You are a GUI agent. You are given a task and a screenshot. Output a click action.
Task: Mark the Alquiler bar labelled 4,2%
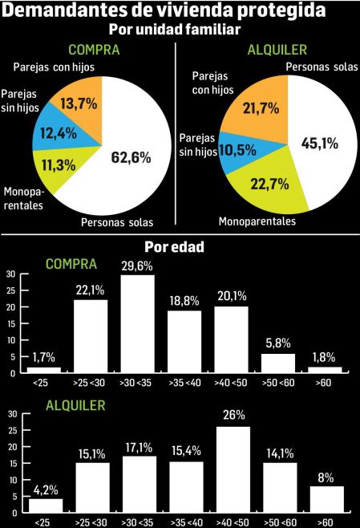click(x=44, y=505)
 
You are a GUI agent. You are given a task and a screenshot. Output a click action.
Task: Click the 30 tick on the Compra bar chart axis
click(x=11, y=274)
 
